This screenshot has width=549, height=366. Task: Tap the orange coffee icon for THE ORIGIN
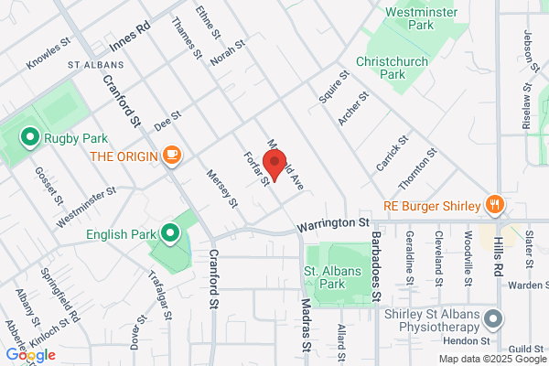click(x=171, y=156)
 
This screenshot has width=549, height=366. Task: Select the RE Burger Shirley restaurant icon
click(x=494, y=204)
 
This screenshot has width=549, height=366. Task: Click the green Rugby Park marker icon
click(x=28, y=138)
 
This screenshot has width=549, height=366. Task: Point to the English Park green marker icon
click(x=170, y=233)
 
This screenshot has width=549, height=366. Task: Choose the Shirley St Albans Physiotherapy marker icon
click(x=494, y=319)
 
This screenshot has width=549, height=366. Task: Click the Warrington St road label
click(x=333, y=222)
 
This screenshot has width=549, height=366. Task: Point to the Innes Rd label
click(x=128, y=43)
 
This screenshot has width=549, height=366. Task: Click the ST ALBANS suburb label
click(x=90, y=66)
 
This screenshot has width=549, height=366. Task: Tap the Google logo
click(x=30, y=354)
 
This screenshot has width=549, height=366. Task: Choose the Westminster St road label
click(x=85, y=208)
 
